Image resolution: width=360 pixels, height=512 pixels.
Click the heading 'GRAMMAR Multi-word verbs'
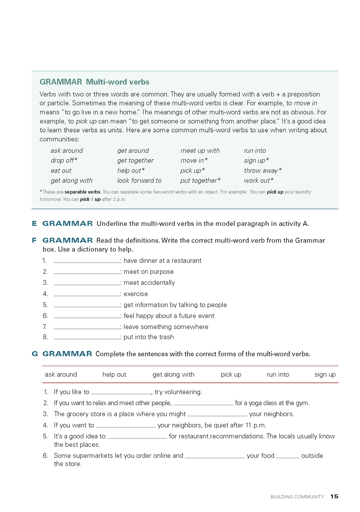(x=94, y=82)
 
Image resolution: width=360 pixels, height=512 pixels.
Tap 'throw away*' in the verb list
(x=262, y=171)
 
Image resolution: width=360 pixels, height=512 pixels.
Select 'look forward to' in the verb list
(x=139, y=180)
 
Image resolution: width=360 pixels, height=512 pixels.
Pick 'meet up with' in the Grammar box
(x=200, y=151)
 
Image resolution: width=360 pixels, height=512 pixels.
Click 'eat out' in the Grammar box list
(x=61, y=171)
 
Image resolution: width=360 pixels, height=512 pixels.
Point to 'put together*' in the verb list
(x=200, y=180)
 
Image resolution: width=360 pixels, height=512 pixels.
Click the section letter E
(x=35, y=224)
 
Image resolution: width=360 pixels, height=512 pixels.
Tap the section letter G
(x=35, y=354)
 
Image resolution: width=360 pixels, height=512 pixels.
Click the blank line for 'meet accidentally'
(x=87, y=283)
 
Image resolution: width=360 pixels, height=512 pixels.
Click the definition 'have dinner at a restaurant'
(x=162, y=260)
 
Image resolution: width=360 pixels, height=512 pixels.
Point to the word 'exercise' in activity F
(x=135, y=294)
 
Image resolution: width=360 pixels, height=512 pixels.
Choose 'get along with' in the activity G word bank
(x=173, y=374)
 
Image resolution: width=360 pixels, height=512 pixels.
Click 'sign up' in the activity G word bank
(x=325, y=374)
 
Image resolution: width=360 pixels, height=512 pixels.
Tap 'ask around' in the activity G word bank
(x=61, y=374)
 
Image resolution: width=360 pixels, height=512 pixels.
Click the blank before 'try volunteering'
(x=121, y=392)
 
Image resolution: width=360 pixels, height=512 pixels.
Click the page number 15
(x=334, y=496)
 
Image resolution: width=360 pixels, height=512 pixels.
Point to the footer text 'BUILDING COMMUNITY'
(x=297, y=497)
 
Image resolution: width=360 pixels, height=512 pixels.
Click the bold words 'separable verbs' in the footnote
(x=82, y=192)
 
